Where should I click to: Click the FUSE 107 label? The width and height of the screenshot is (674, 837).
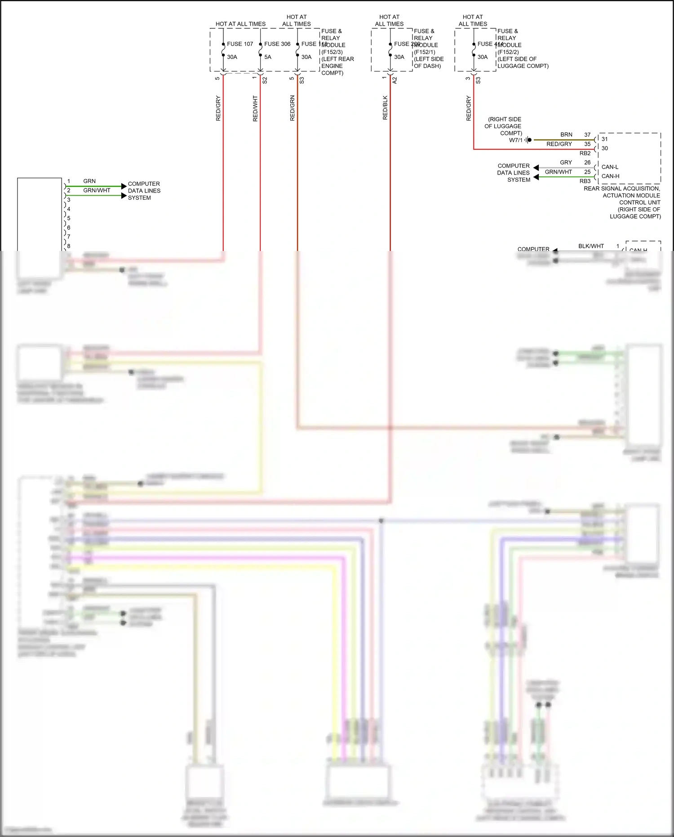pyautogui.click(x=240, y=44)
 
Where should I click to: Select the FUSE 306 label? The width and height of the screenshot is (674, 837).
pyautogui.click(x=277, y=44)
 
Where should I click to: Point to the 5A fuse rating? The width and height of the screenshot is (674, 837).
pyautogui.click(x=268, y=57)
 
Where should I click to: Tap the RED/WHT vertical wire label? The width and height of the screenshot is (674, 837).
pyautogui.click(x=255, y=108)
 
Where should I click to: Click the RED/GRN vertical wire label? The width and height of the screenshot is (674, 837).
pyautogui.click(x=293, y=108)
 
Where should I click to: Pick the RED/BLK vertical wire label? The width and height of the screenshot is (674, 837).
pyautogui.click(x=385, y=107)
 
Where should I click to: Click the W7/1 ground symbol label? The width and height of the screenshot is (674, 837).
pyautogui.click(x=516, y=140)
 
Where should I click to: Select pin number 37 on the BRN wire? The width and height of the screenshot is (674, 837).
pyautogui.click(x=587, y=134)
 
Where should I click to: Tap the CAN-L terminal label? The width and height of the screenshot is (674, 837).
pyautogui.click(x=610, y=167)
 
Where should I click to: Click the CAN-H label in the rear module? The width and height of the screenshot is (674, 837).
pyautogui.click(x=610, y=176)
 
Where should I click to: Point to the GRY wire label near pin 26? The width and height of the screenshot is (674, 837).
pyautogui.click(x=566, y=162)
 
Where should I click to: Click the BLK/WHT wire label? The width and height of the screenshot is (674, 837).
pyautogui.click(x=591, y=246)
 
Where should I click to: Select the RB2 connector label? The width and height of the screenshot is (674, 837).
pyautogui.click(x=585, y=153)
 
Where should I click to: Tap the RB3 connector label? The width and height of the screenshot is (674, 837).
pyautogui.click(x=585, y=181)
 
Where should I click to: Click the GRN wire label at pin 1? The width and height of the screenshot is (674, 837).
pyautogui.click(x=89, y=181)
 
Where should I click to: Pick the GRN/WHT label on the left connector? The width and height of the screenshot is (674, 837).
pyautogui.click(x=97, y=190)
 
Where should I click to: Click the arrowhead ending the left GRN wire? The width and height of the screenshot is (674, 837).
pyautogui.click(x=124, y=186)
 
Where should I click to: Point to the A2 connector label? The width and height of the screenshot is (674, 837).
pyautogui.click(x=395, y=80)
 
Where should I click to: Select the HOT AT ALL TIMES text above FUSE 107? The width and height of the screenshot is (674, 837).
pyautogui.click(x=240, y=24)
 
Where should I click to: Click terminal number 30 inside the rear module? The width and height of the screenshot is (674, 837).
pyautogui.click(x=605, y=148)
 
